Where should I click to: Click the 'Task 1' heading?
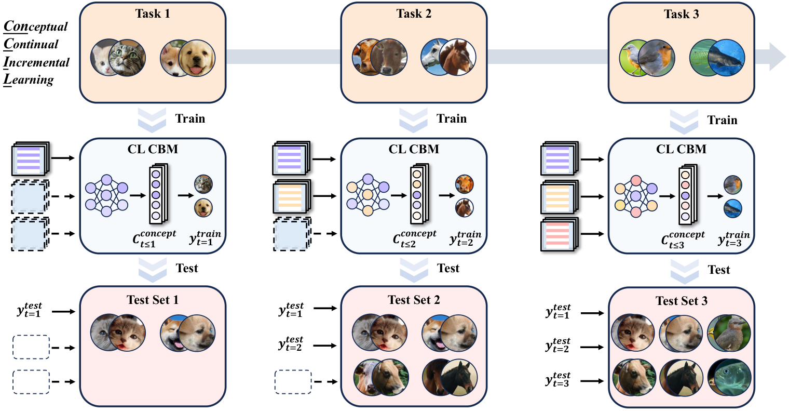coord(152,14)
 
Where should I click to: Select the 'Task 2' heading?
coord(414,14)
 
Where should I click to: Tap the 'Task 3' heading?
coord(681,15)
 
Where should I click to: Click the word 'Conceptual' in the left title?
coord(36,26)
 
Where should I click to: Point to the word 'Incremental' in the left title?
coord(36,62)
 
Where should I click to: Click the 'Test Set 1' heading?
coord(152,300)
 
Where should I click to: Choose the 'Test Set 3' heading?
coord(681,301)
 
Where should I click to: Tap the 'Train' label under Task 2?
coord(451,119)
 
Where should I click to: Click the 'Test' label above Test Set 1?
coord(186,268)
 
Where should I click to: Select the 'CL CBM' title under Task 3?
coord(681,150)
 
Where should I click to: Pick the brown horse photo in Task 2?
coord(457,57)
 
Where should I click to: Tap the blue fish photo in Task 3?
coord(726,57)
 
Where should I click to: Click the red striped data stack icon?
coord(559,235)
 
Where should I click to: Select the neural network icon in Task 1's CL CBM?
coord(106,196)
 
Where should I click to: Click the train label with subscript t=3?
coord(733,238)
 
